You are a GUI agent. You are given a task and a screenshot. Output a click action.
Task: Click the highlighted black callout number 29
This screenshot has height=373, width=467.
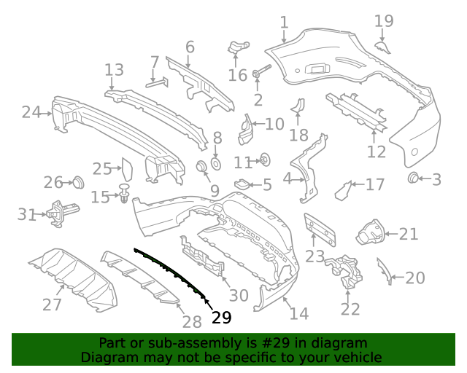(221, 317)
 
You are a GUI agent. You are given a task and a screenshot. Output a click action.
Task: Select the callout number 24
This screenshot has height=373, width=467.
(31, 112)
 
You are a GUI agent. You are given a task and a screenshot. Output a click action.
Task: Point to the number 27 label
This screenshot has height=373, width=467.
(52, 304)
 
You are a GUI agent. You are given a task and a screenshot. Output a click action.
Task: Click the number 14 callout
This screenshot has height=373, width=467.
(299, 314)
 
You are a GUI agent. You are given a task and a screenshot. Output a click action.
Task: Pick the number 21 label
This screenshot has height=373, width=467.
(409, 234)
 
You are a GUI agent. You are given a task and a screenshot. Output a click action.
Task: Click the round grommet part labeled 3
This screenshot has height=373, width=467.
(412, 178)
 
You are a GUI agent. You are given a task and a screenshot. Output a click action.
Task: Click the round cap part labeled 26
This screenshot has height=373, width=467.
(77, 181)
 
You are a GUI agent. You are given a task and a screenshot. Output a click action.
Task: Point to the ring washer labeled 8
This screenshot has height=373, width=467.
(216, 161)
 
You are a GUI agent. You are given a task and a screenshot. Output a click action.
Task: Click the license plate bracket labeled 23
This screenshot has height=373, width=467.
(321, 228)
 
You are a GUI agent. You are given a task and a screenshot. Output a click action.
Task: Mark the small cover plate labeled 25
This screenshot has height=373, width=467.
(125, 169)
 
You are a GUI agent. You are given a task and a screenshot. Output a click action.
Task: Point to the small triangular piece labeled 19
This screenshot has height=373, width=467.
(382, 47)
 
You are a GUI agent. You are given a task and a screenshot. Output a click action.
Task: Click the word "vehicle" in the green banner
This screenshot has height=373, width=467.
(358, 357)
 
